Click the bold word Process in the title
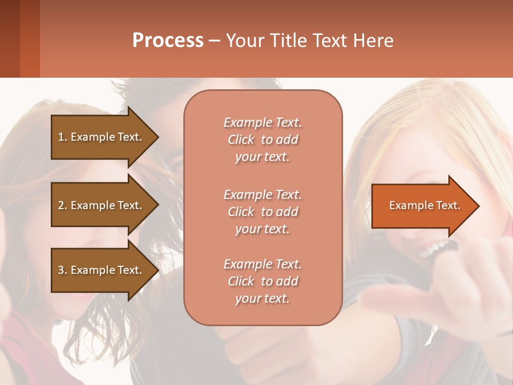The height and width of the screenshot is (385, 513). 168,41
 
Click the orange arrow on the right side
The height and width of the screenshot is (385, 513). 422,205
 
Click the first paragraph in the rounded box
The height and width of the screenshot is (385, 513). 262,140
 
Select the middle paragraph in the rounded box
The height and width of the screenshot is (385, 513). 262,212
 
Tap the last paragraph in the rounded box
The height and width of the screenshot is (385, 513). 262,281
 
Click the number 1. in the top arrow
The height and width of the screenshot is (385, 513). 63,137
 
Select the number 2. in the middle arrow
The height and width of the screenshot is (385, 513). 63,205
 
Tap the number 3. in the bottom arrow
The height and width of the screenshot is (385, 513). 63,270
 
